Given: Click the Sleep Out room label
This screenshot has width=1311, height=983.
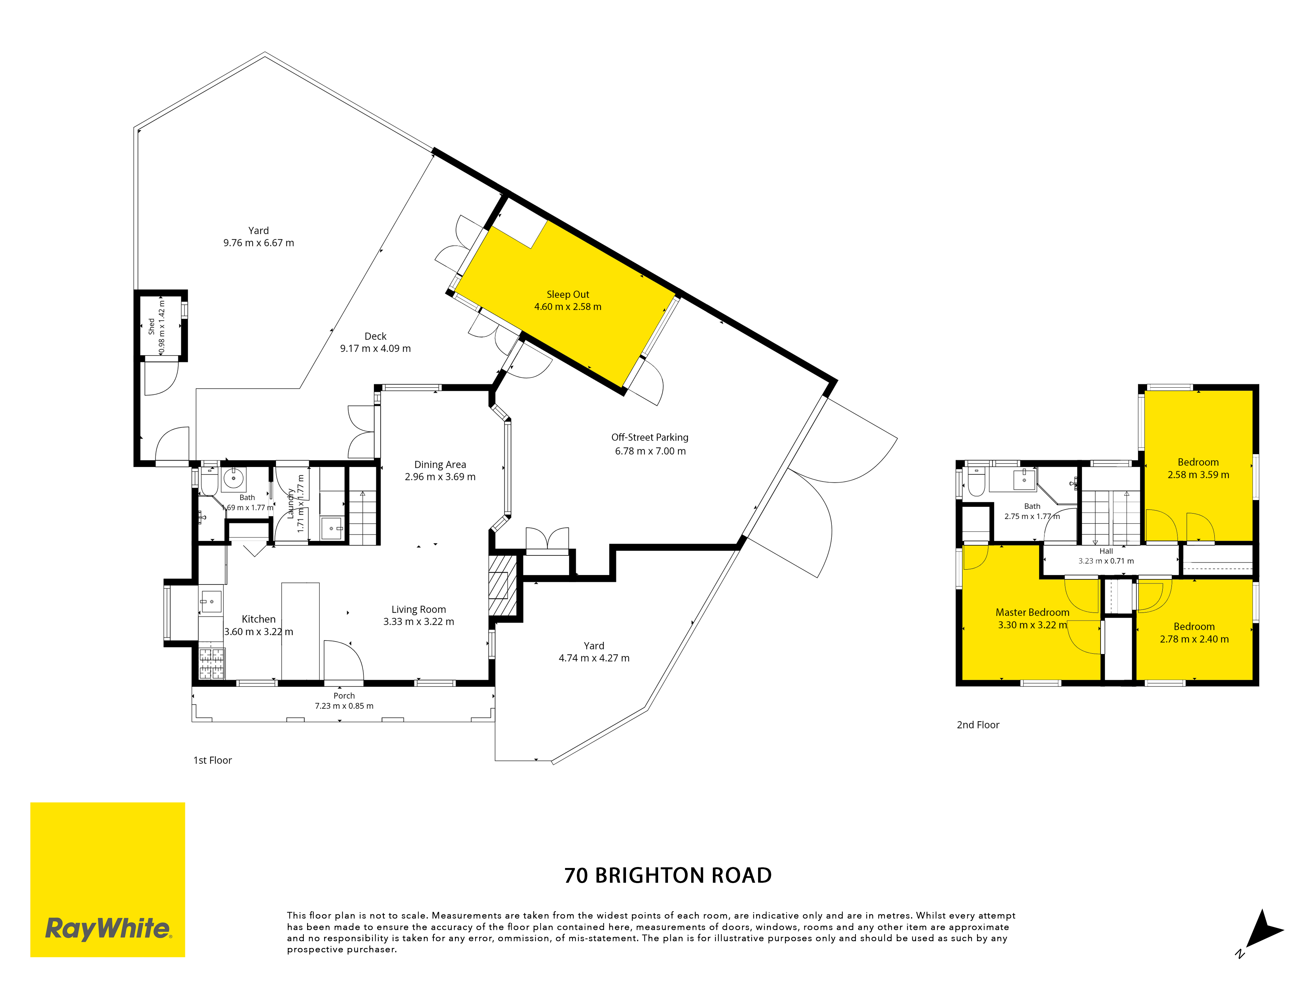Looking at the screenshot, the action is tap(568, 295).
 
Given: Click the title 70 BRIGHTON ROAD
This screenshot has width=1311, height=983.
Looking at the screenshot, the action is tap(668, 875).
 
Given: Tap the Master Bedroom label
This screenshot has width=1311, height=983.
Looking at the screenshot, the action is tap(1032, 612).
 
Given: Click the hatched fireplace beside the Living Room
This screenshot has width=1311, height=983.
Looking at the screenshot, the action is tap(502, 586).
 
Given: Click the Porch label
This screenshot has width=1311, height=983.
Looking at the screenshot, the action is tap(344, 696).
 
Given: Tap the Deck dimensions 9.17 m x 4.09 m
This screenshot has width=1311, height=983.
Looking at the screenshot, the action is tap(375, 348).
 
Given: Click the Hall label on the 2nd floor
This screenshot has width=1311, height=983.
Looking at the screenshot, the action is tap(1106, 551).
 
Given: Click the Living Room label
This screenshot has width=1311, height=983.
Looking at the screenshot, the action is tap(419, 609).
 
